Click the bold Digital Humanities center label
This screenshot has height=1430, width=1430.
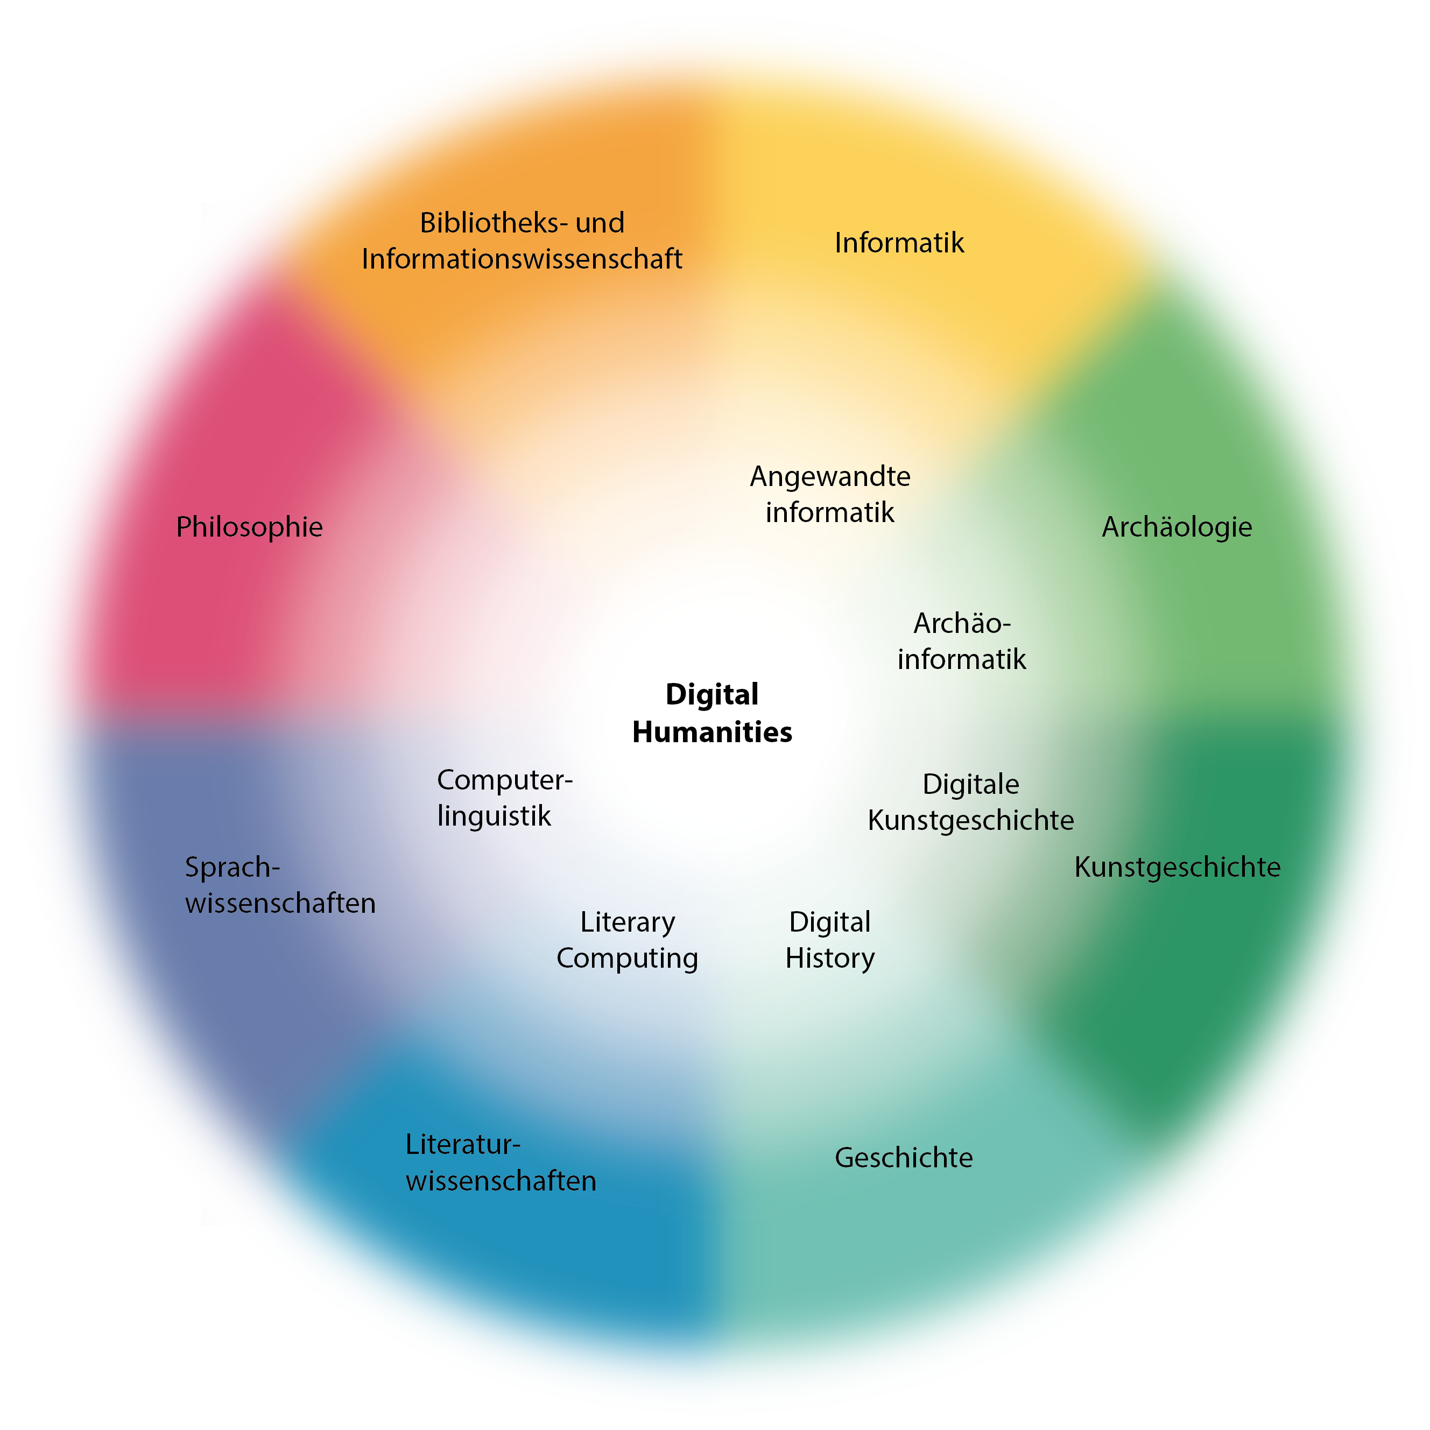tap(712, 713)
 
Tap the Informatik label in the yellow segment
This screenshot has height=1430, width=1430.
tap(899, 243)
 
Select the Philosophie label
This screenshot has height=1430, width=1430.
tap(249, 527)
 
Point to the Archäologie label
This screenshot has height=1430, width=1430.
tap(1177, 527)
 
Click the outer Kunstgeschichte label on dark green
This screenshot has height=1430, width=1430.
tap(1177, 867)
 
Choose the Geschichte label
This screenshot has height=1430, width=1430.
tap(904, 1158)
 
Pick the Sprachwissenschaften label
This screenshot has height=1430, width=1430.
tap(280, 885)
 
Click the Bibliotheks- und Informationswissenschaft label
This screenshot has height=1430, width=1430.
tap(522, 241)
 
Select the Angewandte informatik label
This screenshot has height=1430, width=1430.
tap(830, 495)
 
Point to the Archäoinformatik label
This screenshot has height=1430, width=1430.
tap(961, 641)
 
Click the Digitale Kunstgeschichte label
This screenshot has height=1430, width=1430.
tap(970, 802)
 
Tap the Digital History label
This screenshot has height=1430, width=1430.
tap(830, 940)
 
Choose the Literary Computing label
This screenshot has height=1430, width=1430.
tap(627, 940)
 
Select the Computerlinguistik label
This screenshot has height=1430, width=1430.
tap(504, 798)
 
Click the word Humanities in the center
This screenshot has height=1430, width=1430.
tap(712, 732)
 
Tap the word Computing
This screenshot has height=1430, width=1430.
tap(627, 959)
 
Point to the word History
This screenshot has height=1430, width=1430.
tap(830, 959)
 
